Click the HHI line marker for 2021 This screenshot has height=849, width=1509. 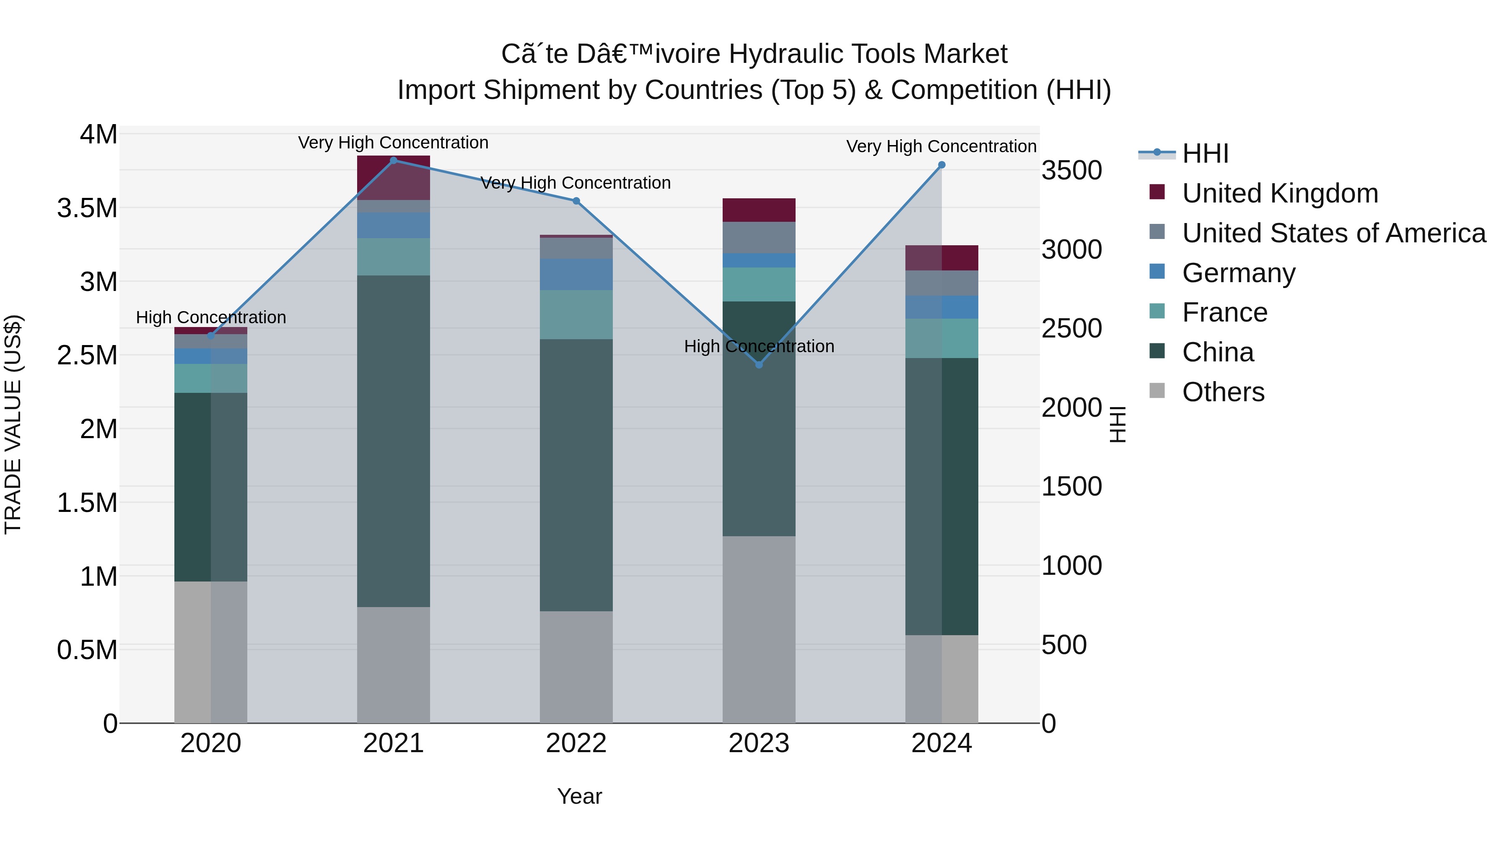(x=394, y=161)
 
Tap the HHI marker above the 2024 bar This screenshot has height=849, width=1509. (x=942, y=165)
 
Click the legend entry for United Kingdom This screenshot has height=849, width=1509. (x=1280, y=193)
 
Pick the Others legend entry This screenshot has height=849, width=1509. (x=1223, y=392)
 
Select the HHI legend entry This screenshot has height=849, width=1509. (x=1205, y=153)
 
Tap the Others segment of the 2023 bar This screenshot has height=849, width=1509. (x=759, y=629)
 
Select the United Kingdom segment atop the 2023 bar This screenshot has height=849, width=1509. (x=759, y=210)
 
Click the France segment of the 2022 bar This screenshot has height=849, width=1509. (x=576, y=314)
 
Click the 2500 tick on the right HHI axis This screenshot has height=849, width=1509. (x=1071, y=329)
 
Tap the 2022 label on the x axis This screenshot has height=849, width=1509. (x=576, y=743)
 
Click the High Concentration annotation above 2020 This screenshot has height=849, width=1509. (x=211, y=317)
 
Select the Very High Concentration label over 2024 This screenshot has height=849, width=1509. (x=941, y=146)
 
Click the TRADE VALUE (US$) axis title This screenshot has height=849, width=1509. (x=13, y=424)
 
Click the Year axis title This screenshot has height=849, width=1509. (x=579, y=796)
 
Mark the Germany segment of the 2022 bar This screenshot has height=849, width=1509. (x=576, y=274)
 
